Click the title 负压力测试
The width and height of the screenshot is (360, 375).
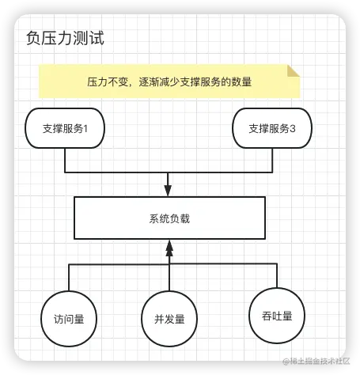coord(65,39)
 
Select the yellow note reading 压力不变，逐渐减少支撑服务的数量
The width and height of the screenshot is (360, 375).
coord(169,81)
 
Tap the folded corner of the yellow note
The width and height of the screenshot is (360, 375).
coord(294,70)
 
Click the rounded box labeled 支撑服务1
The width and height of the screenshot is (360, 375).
coord(65,128)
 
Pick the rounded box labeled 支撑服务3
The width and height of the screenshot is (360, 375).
coord(272,128)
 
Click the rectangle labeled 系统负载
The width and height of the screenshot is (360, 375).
coord(169,218)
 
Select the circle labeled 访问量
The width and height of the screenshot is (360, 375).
coord(69,319)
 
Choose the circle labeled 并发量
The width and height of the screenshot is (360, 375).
coord(169,319)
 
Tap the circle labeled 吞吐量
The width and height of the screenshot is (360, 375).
coord(277,316)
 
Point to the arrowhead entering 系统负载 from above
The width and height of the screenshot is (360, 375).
coord(168,191)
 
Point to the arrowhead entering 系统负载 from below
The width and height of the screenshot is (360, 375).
coord(169,248)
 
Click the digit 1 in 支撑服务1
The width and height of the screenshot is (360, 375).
coord(85,129)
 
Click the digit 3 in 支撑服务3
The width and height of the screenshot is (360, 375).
coord(293,129)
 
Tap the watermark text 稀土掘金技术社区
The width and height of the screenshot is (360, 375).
coord(320,361)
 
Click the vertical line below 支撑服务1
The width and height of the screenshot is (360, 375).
coord(65,161)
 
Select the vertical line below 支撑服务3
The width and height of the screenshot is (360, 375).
coord(272,161)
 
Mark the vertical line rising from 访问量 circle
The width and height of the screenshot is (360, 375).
coord(69,277)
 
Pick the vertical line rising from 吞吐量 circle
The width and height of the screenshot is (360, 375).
coord(277,275)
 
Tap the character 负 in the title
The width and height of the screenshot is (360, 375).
coord(33,39)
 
